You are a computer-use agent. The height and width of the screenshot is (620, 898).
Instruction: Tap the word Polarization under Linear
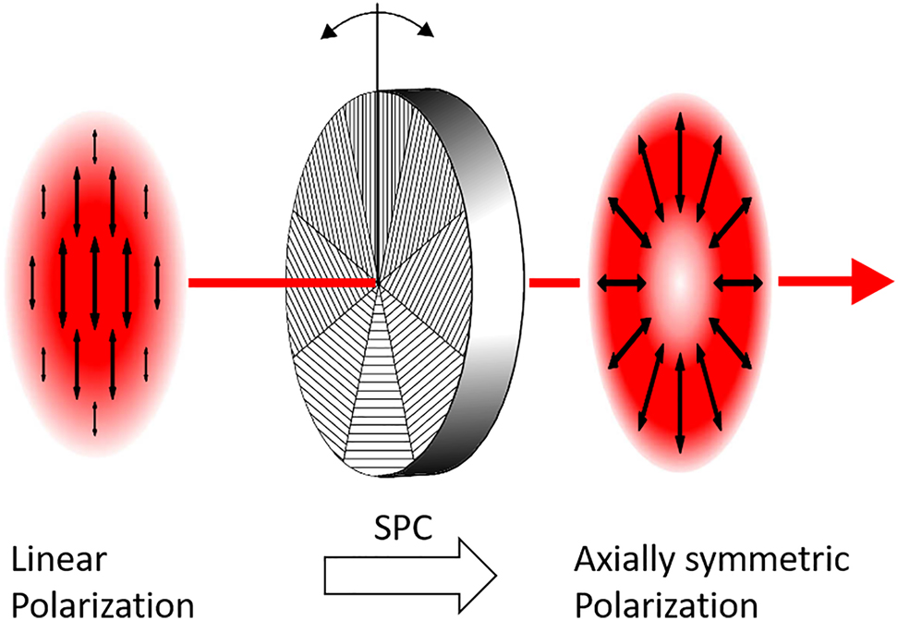102,605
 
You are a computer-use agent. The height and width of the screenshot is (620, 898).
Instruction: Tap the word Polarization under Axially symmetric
665,605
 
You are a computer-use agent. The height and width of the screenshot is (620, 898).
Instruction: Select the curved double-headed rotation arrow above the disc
377,20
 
